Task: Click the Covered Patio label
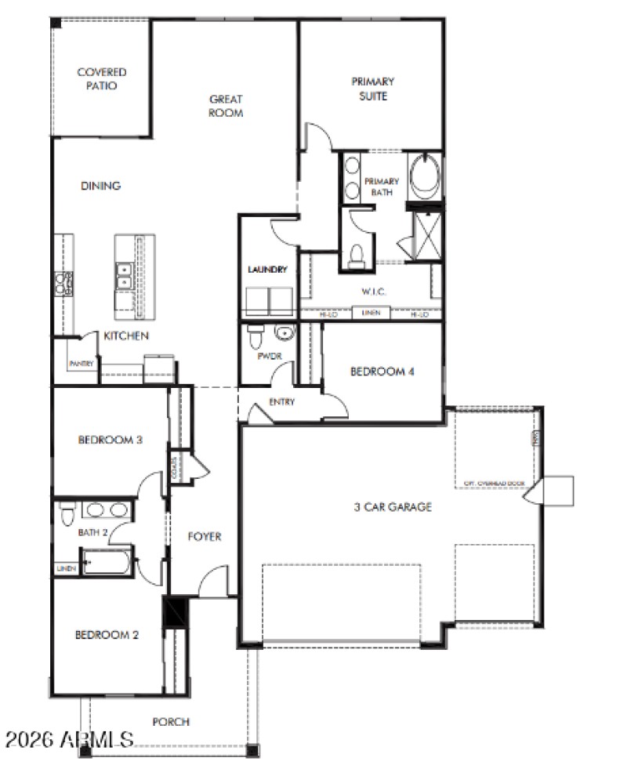click(102, 79)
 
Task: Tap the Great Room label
click(226, 106)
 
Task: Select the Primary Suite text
click(372, 89)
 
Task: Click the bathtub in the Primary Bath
click(426, 177)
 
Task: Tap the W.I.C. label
click(371, 292)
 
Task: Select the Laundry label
click(267, 270)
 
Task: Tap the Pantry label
click(82, 364)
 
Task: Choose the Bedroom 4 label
click(382, 372)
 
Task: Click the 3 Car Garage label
click(392, 507)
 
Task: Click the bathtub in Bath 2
click(107, 561)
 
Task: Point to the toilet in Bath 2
click(67, 513)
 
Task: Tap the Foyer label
click(205, 537)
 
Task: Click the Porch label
click(171, 721)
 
